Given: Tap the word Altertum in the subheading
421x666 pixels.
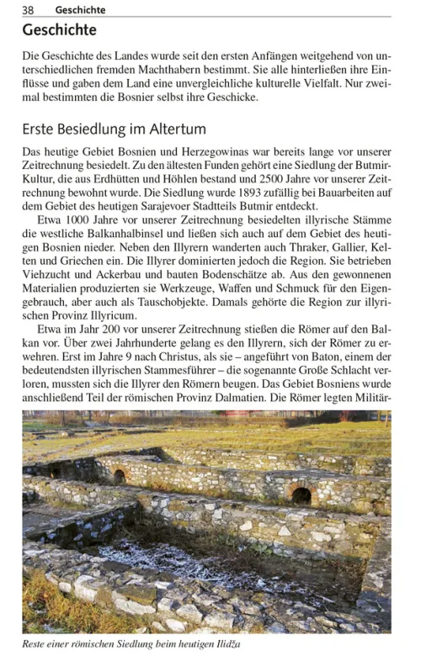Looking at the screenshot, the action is [173, 130].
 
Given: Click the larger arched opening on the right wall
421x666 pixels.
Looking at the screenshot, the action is [301, 494].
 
